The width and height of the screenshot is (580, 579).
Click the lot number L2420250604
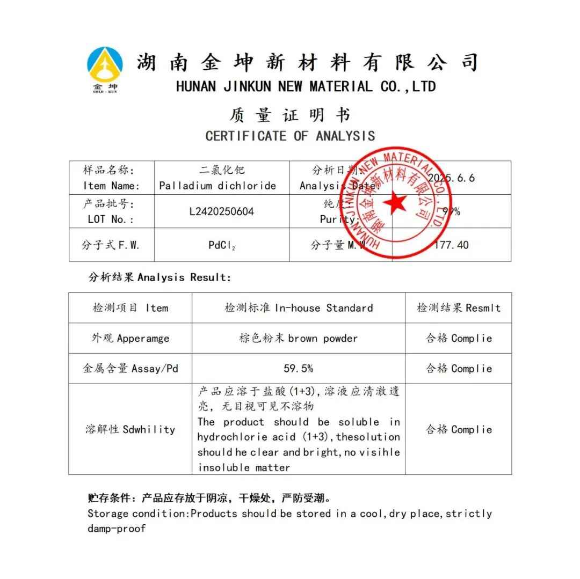pyautogui.click(x=221, y=211)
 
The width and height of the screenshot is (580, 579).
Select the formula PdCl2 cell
pyautogui.click(x=221, y=245)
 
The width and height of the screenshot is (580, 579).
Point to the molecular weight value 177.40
pyautogui.click(x=451, y=245)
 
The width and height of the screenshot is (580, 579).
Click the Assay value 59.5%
pyautogui.click(x=298, y=369)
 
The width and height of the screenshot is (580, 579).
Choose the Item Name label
pyautogui.click(x=111, y=186)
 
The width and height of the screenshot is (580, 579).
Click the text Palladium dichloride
pyautogui.click(x=218, y=186)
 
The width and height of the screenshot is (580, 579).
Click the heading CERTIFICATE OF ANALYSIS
pyautogui.click(x=290, y=136)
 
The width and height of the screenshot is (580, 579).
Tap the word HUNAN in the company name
pyautogui.click(x=196, y=86)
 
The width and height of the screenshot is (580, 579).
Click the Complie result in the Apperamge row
pyautogui.click(x=472, y=339)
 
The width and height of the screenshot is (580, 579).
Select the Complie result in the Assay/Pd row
pyautogui.click(x=472, y=369)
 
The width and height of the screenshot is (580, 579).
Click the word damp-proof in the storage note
pyautogui.click(x=117, y=529)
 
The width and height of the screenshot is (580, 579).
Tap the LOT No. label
pyautogui.click(x=111, y=219)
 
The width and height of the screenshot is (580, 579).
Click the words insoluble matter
pyautogui.click(x=244, y=467)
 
